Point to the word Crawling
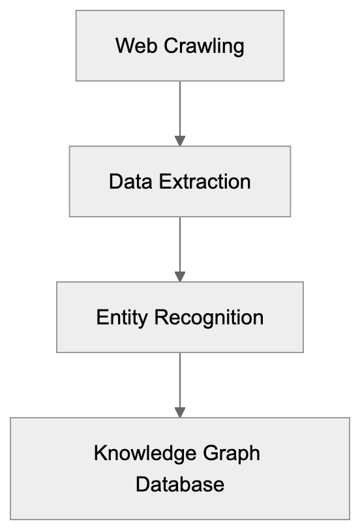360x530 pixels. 203,46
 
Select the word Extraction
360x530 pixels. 205,181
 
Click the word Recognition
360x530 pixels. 209,318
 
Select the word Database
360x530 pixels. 180,485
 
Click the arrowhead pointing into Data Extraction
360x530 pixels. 180,140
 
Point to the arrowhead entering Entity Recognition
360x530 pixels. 180,276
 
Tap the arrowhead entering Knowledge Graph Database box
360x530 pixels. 180,412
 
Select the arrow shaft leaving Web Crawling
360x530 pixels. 180,108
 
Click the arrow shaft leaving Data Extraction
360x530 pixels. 180,243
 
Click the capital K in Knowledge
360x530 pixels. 100,453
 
